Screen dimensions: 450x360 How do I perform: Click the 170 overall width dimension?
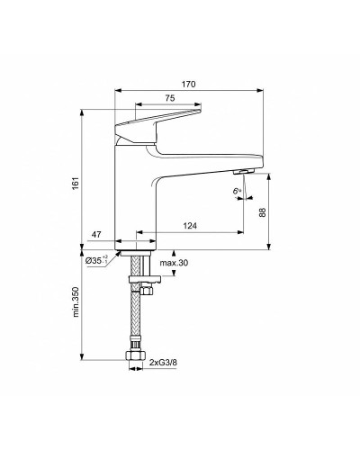coord(188,84)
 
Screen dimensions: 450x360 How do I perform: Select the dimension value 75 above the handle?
coord(169,100)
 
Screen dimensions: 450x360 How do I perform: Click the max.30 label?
coord(174,263)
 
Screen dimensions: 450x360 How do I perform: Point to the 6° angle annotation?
coord(236,192)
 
